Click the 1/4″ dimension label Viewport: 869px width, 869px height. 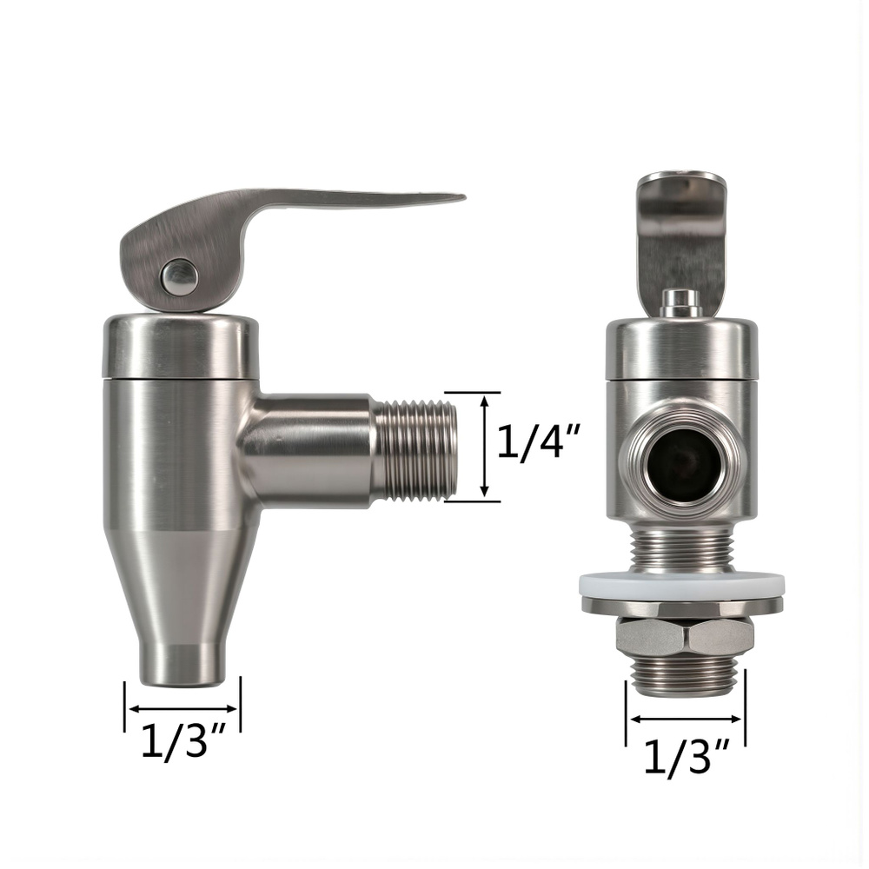click(538, 441)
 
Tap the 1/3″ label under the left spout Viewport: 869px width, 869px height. click(183, 740)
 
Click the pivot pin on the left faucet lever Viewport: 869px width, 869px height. click(179, 276)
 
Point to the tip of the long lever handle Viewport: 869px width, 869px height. click(463, 196)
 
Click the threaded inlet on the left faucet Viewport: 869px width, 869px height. click(415, 447)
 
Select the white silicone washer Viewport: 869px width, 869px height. click(681, 586)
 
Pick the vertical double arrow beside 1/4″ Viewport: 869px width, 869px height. click(484, 446)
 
